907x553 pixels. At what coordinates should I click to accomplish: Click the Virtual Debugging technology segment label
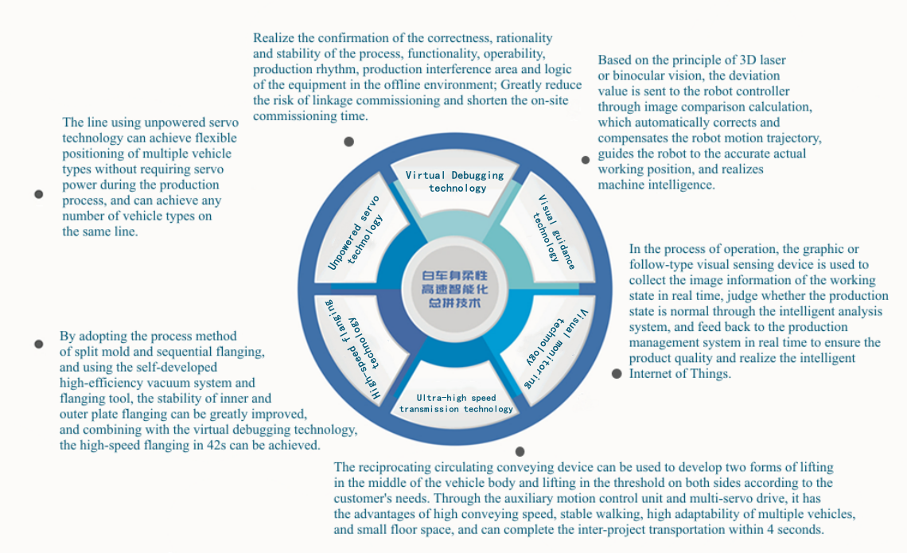(455, 181)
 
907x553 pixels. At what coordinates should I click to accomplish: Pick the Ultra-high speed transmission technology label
(456, 403)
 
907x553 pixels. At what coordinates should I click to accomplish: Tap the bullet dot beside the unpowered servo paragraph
(38, 194)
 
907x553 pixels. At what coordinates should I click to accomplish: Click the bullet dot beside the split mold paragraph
(38, 344)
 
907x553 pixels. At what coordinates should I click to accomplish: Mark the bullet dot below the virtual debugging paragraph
(348, 142)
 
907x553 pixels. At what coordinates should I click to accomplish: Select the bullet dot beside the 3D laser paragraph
(586, 160)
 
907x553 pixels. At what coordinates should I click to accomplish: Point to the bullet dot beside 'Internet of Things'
(616, 374)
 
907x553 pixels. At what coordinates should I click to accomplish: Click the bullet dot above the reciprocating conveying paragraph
(520, 451)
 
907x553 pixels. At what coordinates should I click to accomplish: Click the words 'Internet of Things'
(679, 374)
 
